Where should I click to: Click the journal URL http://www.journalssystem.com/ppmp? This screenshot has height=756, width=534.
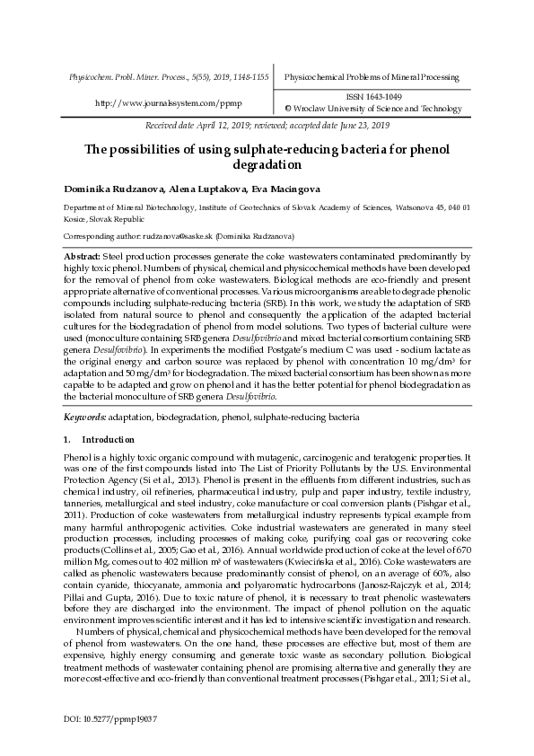coord(169,102)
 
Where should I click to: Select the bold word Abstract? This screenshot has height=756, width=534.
coord(82,257)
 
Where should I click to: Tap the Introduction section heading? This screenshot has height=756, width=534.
coord(108,440)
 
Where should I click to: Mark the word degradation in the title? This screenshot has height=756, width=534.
coord(267,165)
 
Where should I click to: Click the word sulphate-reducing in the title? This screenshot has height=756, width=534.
coord(255,149)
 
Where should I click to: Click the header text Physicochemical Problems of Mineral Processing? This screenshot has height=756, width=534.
coord(371,77)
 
